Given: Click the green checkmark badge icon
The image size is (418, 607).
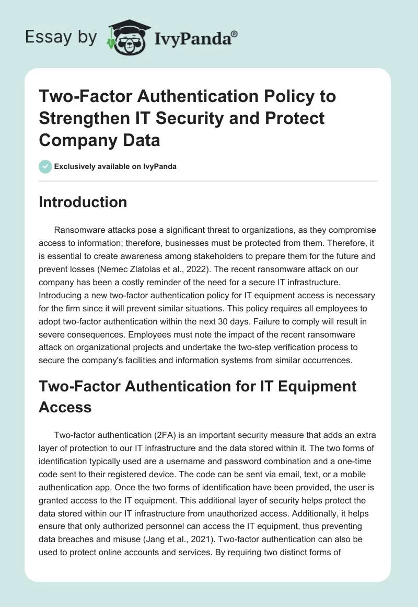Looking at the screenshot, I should [x=45, y=166].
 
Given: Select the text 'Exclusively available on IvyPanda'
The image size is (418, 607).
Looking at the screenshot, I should [x=115, y=167].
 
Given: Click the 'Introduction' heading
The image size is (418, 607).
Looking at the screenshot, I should [x=83, y=203].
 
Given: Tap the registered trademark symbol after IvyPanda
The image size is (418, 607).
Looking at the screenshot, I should [x=235, y=33].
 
